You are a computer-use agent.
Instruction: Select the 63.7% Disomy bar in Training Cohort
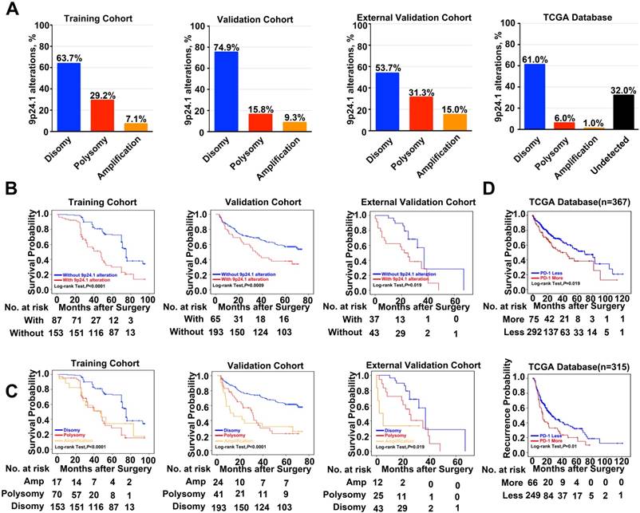[68, 97]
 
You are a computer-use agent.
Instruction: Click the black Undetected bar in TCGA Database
[599, 112]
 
